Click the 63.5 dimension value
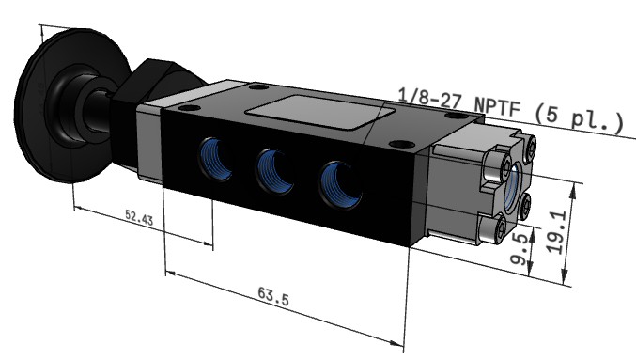pos(273,296)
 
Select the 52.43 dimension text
pos(139,217)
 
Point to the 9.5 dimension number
pos(520,248)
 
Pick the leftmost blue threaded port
pos(215,159)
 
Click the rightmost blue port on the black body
pos(340,185)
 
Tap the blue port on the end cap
pos(512,187)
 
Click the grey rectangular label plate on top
pos(320,113)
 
